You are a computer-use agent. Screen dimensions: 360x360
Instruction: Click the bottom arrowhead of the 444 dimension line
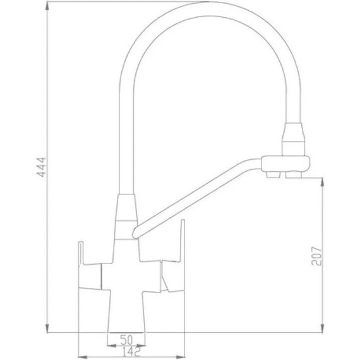coord(49,330)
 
